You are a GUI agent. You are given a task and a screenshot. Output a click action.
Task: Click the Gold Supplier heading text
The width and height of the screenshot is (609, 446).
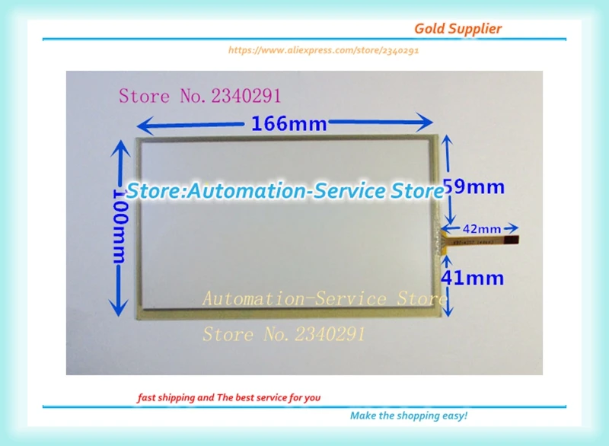pyautogui.click(x=458, y=29)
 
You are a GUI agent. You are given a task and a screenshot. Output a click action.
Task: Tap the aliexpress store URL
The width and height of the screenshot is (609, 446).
pyautogui.click(x=324, y=50)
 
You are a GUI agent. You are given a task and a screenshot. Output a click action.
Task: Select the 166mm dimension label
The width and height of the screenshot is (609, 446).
pyautogui.click(x=289, y=123)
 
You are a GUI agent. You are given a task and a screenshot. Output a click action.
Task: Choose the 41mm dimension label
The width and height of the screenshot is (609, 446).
pyautogui.click(x=473, y=278)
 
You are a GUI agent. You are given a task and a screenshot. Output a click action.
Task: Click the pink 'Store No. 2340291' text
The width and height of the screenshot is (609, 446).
pyautogui.click(x=199, y=96)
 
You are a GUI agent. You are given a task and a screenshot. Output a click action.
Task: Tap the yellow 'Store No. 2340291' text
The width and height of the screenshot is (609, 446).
pyautogui.click(x=283, y=334)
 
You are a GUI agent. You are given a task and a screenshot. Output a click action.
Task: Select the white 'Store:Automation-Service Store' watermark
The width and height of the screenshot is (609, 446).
pyautogui.click(x=284, y=191)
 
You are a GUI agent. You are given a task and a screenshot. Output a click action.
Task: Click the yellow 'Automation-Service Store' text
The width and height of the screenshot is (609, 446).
pyautogui.click(x=324, y=298)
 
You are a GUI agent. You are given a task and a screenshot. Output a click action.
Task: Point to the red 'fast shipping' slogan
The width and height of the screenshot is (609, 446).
pyautogui.click(x=228, y=397)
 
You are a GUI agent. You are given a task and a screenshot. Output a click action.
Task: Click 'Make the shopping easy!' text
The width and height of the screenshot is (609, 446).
pyautogui.click(x=408, y=416)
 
